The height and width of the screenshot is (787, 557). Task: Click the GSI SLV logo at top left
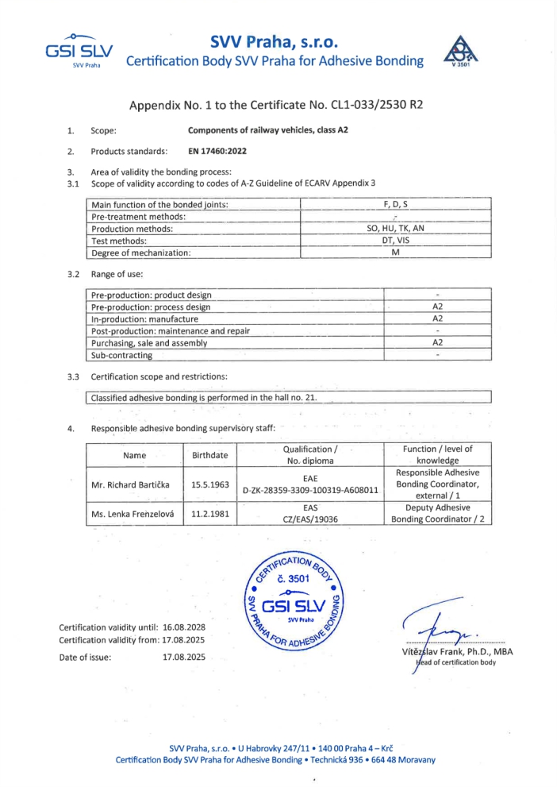pos(79,50)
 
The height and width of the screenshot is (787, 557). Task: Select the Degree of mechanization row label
pos(142,252)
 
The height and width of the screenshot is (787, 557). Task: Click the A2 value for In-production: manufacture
pos(437,318)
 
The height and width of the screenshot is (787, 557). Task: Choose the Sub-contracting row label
pos(122,355)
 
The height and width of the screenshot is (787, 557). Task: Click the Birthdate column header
pos(210,455)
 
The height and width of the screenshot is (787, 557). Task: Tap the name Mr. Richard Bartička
pos(134,484)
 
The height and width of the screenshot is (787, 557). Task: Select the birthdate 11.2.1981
pos(210,514)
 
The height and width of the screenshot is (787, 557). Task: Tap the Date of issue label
pos(85,657)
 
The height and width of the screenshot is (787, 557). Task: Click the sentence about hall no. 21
pos(205,397)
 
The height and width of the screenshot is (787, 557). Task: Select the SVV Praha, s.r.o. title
pos(275,41)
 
